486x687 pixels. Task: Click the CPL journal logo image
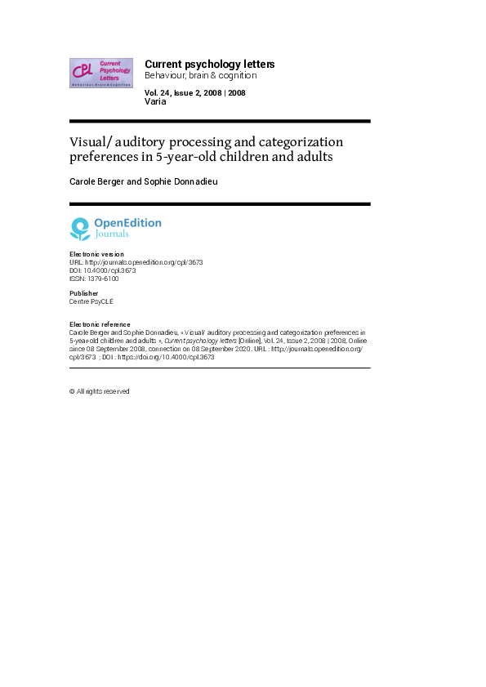coord(101,73)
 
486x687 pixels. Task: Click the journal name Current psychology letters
coord(209,64)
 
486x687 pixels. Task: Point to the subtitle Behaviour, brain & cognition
coord(200,75)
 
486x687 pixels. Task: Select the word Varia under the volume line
coord(155,102)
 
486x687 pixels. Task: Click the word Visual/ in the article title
coord(91,141)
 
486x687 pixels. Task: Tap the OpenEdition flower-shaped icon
coord(79,228)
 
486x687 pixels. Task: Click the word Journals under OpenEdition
coord(111,234)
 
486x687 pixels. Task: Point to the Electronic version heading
coord(97,254)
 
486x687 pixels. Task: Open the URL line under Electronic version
coord(136,262)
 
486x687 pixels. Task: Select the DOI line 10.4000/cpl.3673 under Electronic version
coord(103,270)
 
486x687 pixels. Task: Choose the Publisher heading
coord(84,293)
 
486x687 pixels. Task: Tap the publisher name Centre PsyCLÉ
coord(92,301)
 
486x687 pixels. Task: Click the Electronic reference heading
coord(100,324)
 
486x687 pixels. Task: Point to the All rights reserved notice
coord(100,391)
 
